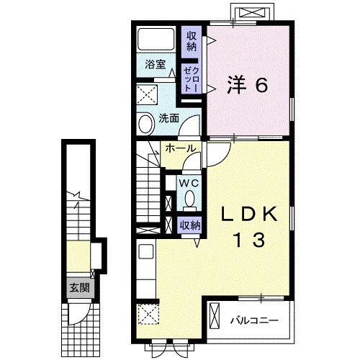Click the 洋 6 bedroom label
[x=248, y=85]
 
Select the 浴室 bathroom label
[x=154, y=64]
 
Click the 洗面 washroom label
[x=168, y=118]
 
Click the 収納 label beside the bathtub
[x=192, y=41]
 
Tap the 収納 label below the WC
[x=191, y=225]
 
